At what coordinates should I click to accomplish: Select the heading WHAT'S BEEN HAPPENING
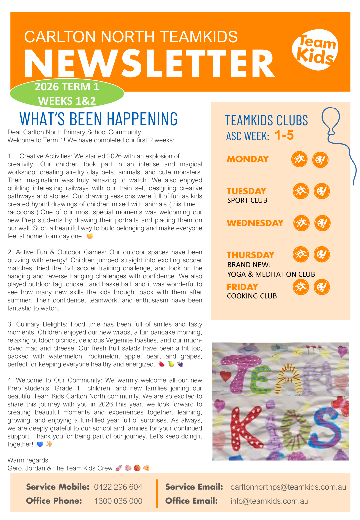click(99, 119)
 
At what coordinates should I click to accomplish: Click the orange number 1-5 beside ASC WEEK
click(284, 135)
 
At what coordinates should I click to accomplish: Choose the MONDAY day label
click(248, 159)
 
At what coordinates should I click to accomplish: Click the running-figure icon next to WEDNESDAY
click(301, 223)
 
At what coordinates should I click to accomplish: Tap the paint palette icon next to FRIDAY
click(322, 287)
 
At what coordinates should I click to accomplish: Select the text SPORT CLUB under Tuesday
click(247, 200)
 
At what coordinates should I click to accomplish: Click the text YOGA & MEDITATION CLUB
click(271, 274)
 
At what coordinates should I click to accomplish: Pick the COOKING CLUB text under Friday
click(252, 296)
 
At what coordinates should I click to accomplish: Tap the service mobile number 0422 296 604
click(118, 487)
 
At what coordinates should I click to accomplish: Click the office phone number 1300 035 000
click(118, 501)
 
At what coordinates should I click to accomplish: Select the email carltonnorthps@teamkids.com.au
click(288, 487)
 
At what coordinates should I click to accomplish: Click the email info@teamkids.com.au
click(269, 501)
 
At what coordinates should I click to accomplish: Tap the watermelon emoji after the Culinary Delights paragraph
click(161, 364)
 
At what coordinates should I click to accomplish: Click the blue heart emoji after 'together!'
click(40, 444)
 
